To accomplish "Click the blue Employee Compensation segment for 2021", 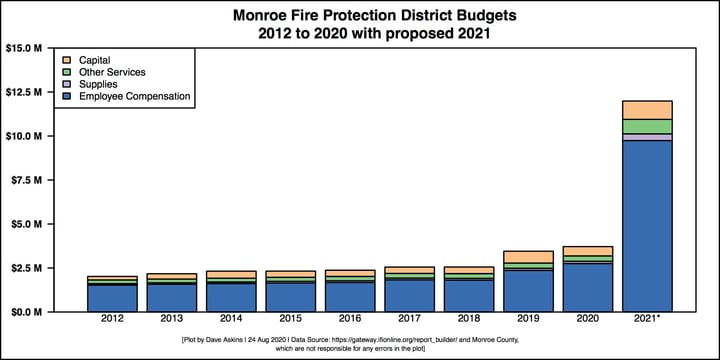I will tap(646, 225).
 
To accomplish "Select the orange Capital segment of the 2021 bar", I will tap(646, 110).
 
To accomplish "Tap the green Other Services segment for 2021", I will tap(646, 126).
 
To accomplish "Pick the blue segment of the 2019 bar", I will tap(527, 290).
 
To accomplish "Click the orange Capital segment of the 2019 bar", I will tap(527, 257).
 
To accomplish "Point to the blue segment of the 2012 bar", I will tap(111, 298).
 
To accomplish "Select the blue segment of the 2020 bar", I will tap(587, 287).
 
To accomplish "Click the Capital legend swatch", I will tap(67, 60).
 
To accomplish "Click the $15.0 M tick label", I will tap(27, 48).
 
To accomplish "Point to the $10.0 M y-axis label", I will tap(27, 136).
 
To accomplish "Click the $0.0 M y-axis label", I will tap(29, 312).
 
